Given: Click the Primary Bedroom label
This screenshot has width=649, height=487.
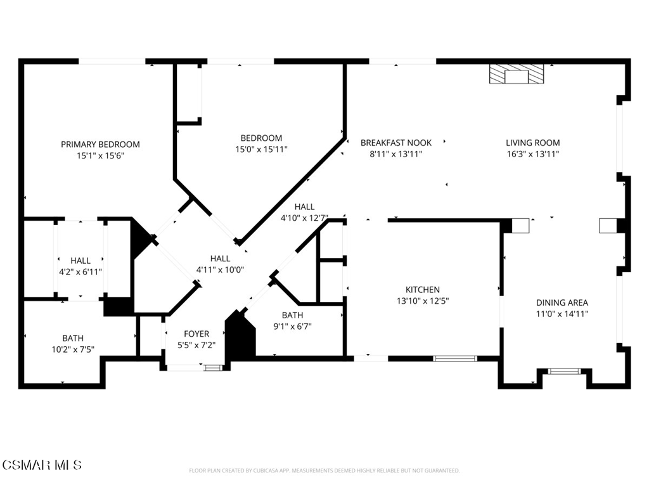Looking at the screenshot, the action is coord(100,145).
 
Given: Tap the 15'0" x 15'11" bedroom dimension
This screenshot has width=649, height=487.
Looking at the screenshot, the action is coord(261,150).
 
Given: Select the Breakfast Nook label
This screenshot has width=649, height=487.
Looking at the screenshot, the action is coord(396,143).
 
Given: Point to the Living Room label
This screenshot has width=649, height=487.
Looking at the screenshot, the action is coord(532,143).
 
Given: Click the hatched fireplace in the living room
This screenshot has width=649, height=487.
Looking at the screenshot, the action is coord(516,74).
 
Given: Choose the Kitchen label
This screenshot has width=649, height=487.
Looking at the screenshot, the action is coord(423,290).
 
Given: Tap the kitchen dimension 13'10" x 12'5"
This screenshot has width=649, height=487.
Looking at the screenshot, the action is coord(423,301).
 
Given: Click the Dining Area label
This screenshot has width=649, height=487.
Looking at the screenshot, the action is coord(562,302).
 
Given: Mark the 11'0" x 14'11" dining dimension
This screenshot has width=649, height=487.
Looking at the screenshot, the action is coord(562,314).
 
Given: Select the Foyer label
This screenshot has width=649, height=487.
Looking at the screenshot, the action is coord(196,334).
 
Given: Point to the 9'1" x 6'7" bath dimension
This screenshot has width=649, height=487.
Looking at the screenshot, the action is coord(293,327).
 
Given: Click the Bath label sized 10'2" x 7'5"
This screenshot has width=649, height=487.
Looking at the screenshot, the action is coord(73,339).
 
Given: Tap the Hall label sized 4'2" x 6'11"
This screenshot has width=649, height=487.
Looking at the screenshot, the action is coord(80,261).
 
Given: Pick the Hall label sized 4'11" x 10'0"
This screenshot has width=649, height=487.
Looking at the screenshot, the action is coord(220,259).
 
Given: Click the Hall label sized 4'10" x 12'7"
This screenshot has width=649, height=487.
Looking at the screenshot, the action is coord(305,207).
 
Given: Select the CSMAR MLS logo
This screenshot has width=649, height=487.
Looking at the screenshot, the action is coord(42,465).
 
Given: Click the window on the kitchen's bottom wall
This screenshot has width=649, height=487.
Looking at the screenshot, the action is coord(455,359).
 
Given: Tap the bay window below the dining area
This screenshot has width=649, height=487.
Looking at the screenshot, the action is coord(564,371).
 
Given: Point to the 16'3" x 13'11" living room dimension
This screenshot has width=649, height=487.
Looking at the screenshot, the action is coord(533,154).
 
